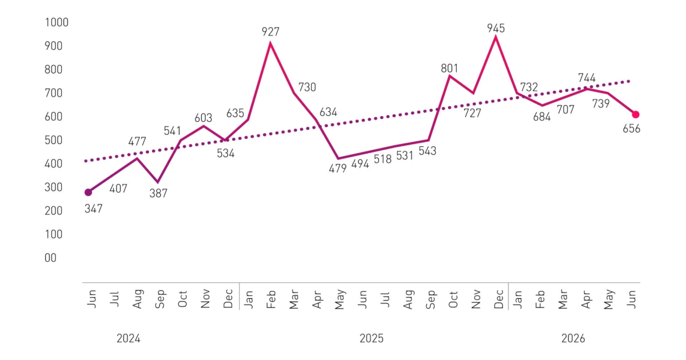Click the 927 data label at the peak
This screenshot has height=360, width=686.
(x=270, y=32)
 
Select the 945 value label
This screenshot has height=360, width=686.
(x=496, y=29)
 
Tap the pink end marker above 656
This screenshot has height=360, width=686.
(x=636, y=114)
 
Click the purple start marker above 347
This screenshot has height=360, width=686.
(x=88, y=192)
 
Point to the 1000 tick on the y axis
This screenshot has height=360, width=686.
(x=57, y=22)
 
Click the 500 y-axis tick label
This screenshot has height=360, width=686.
(x=54, y=140)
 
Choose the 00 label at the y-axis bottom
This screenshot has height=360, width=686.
(x=50, y=258)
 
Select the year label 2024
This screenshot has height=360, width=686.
(x=128, y=338)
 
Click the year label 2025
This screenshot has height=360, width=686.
(x=372, y=338)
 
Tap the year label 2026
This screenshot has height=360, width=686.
(x=573, y=338)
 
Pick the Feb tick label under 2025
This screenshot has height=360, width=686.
(x=271, y=299)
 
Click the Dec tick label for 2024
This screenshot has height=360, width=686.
(x=228, y=298)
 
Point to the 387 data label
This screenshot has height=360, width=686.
(x=158, y=194)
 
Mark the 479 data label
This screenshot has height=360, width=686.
(x=338, y=169)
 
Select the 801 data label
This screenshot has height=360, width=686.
(x=449, y=68)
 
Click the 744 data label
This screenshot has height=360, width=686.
(x=587, y=78)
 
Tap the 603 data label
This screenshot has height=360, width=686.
(x=204, y=118)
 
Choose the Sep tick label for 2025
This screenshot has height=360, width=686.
(x=430, y=299)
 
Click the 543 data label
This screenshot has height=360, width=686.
(x=428, y=151)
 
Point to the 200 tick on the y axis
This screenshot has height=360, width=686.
(x=54, y=211)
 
